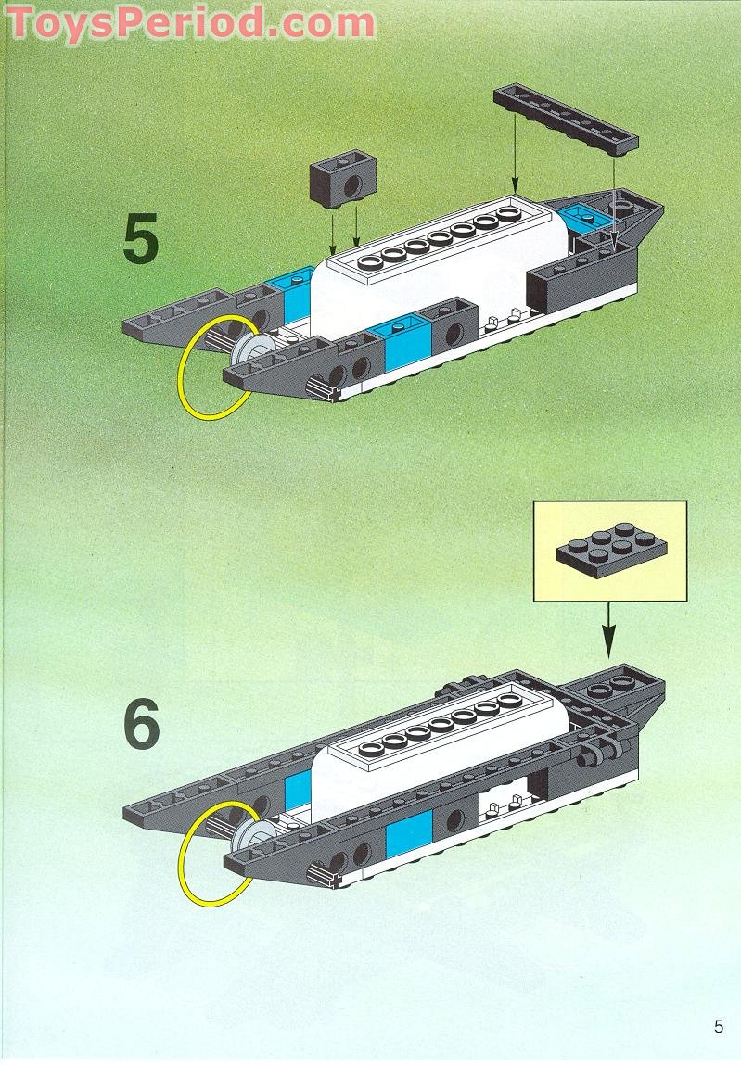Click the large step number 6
point(141,725)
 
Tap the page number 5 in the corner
point(718,1026)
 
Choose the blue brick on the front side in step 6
point(409,824)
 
